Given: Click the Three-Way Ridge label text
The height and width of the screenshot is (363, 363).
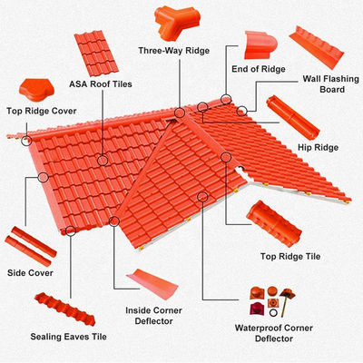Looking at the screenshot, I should point(175,51).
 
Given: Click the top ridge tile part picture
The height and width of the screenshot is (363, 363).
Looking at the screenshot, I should point(278,223).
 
